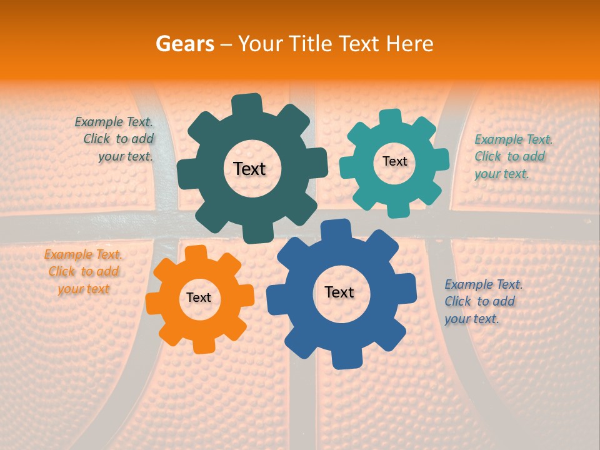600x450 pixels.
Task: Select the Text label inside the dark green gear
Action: point(249,169)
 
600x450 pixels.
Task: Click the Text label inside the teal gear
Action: point(394,161)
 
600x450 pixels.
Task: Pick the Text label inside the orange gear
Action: point(199,297)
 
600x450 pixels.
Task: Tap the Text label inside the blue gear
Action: point(339,292)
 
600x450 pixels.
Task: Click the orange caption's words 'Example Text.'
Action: point(83,254)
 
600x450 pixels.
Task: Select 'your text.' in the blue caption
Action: point(472,319)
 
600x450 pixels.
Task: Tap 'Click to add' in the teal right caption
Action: point(509,156)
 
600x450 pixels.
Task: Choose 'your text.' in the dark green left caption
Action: point(126,156)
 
